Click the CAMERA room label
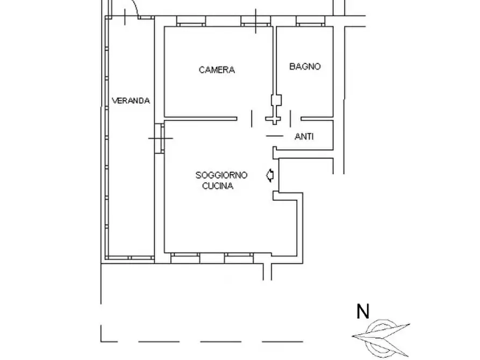tap(217, 69)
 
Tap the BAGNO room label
tap(305, 67)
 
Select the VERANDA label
tap(131, 100)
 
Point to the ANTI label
tap(304, 137)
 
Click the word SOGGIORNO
tap(221, 175)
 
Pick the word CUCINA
tap(218, 186)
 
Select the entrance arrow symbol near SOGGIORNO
tap(270, 174)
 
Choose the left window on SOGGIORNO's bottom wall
tap(185, 258)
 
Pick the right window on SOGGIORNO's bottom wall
tap(239, 258)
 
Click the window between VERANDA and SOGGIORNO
tap(160, 139)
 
